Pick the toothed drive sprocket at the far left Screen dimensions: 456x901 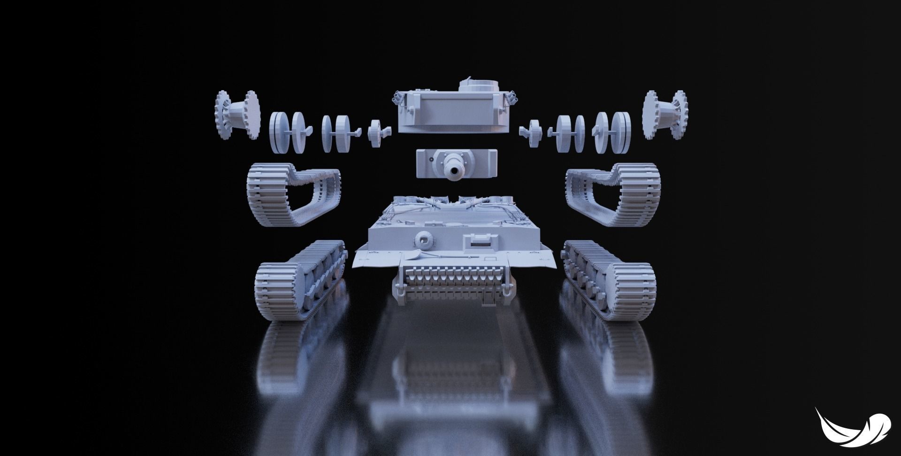pyautogui.click(x=237, y=115)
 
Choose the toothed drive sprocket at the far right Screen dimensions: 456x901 pyautogui.click(x=665, y=115)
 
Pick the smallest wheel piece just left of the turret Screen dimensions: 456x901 pyautogui.click(x=377, y=133)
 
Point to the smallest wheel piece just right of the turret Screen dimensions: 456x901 pyautogui.click(x=534, y=133)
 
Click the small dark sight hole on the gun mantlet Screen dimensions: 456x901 pyautogui.click(x=430, y=160)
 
